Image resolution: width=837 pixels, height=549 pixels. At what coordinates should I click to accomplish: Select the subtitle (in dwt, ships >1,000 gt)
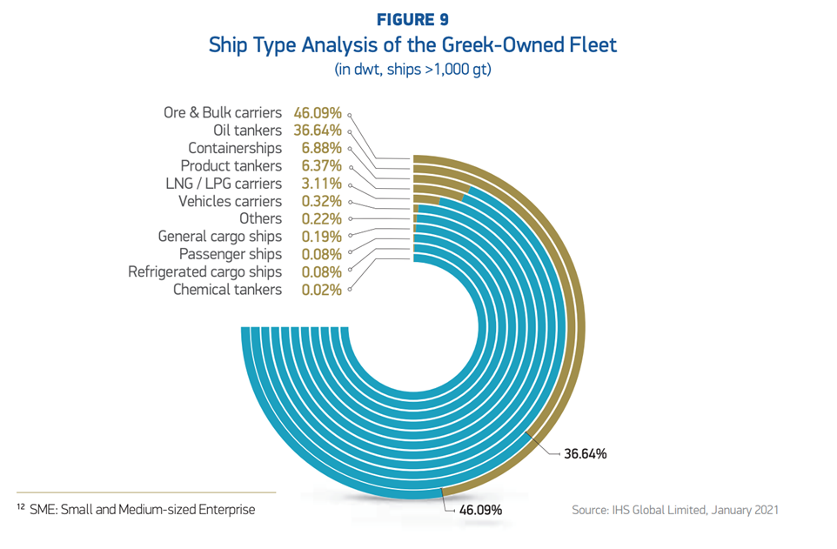tap(412, 70)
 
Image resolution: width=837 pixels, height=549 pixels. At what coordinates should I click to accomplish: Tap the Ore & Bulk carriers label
tap(223, 112)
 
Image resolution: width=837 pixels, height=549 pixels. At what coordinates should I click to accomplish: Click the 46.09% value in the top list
tap(318, 112)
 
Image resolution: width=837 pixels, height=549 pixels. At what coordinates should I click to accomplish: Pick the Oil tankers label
tap(247, 131)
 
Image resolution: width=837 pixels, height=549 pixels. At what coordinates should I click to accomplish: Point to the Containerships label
tap(235, 148)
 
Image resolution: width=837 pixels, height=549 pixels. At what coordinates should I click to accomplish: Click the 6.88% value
tap(321, 148)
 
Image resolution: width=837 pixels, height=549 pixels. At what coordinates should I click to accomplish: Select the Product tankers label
tap(231, 165)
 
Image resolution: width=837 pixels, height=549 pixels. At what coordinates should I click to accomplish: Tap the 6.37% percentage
tap(321, 165)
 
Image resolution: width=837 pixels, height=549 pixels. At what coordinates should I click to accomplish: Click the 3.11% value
tap(321, 184)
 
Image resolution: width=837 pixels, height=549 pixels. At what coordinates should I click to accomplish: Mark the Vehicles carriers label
tap(230, 201)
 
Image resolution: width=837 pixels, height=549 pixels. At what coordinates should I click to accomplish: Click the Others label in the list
tap(260, 218)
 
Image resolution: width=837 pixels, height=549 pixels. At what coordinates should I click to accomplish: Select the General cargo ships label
tap(220, 237)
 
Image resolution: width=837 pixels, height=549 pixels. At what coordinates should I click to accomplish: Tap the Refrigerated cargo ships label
tap(205, 271)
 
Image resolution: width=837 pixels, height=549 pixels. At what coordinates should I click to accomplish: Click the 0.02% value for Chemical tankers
tap(321, 290)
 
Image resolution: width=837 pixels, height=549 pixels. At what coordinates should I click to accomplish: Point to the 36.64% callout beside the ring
tap(585, 453)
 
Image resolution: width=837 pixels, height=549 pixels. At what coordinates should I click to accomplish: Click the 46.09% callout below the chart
tap(480, 510)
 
